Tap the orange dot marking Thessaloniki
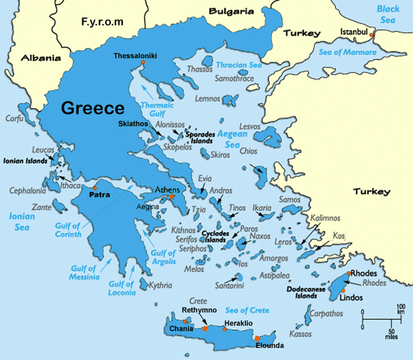pos(142,64)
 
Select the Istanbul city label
pos(355,33)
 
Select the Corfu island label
pos(14,118)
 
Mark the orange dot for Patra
pos(94,187)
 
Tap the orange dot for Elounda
pos(277,338)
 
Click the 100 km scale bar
pos(382,319)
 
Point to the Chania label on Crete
pos(181,328)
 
